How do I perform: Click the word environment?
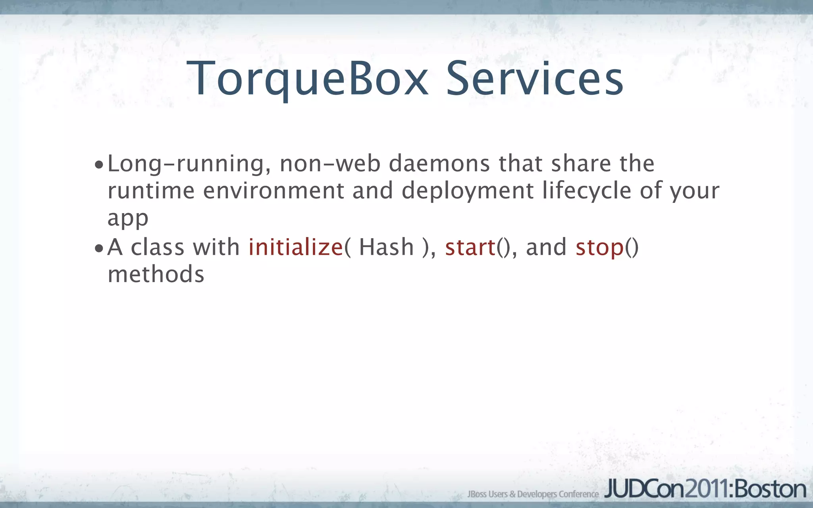coord(274,190)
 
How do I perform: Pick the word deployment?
coord(468,191)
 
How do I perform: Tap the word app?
coord(128,218)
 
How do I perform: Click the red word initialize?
coord(296,247)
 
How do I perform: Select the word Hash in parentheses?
coord(386,247)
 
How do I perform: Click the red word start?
coord(470,247)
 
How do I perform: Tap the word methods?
coord(156,274)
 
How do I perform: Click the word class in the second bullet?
coord(158,247)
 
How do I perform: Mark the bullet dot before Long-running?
coord(99,165)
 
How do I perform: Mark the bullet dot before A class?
coord(99,249)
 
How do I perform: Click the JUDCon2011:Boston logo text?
coord(705,489)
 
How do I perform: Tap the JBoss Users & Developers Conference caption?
coord(533,494)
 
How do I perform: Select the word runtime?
coord(151,190)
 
